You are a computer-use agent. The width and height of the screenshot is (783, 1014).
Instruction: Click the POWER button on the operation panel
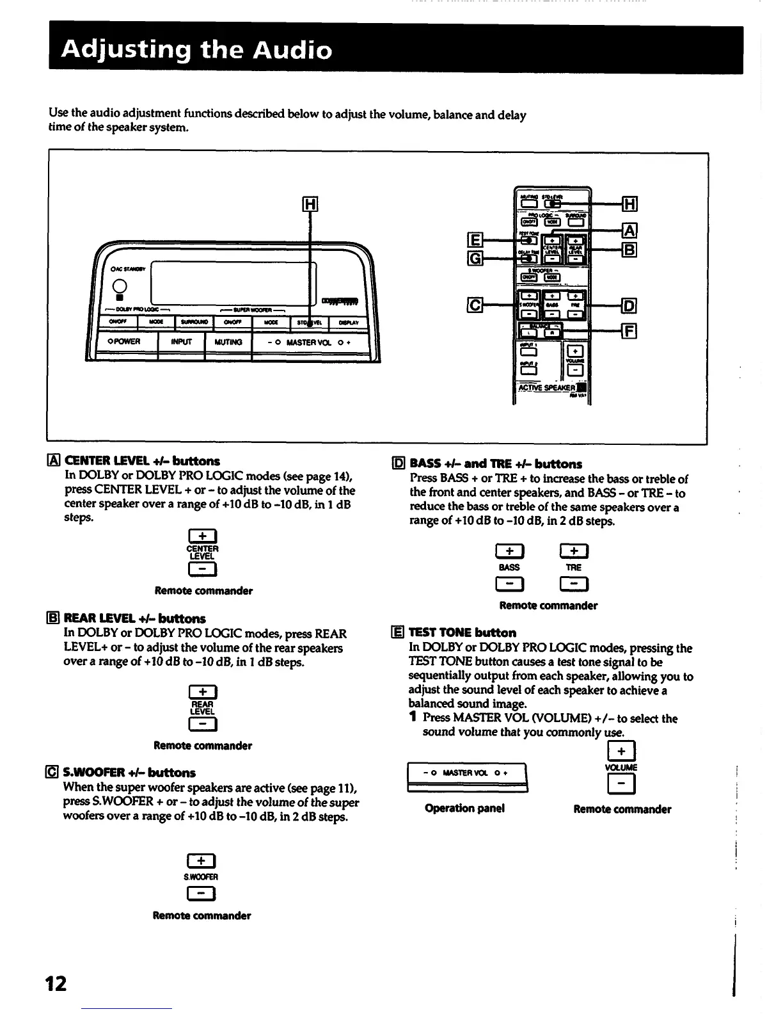click(x=127, y=342)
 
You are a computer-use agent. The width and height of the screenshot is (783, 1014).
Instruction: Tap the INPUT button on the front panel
click(x=181, y=342)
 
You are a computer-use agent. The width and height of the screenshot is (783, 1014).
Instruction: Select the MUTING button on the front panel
click(x=228, y=342)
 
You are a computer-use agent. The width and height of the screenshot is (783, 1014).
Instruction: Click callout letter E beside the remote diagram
click(x=475, y=240)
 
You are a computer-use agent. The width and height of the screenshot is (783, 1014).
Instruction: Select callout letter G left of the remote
click(x=475, y=258)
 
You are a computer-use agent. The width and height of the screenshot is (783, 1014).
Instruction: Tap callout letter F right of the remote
click(x=629, y=331)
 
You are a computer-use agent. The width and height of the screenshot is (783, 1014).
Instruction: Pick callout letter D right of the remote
click(x=629, y=305)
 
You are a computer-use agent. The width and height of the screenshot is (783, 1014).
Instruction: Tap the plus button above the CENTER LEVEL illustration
click(x=202, y=536)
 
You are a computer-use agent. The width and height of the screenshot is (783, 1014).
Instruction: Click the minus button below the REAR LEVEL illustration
click(x=202, y=724)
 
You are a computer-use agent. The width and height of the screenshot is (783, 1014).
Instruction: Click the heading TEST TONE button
click(x=462, y=632)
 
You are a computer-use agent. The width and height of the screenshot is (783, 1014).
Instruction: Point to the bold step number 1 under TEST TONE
click(x=414, y=718)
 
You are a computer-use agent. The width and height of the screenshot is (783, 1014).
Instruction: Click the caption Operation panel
click(x=464, y=808)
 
